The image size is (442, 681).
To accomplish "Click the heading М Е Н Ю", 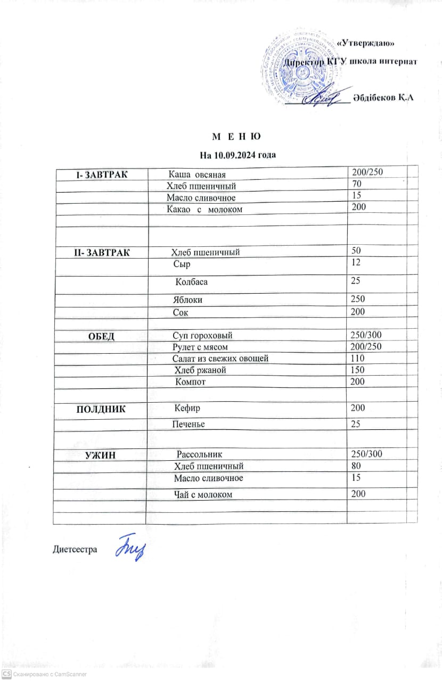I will pos(237,137).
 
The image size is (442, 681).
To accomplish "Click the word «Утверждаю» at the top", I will pos(367,43).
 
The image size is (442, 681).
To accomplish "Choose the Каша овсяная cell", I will pos(198,175).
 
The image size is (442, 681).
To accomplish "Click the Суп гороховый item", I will pos(202,336).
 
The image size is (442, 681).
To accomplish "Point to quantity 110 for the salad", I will pos(358,358).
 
